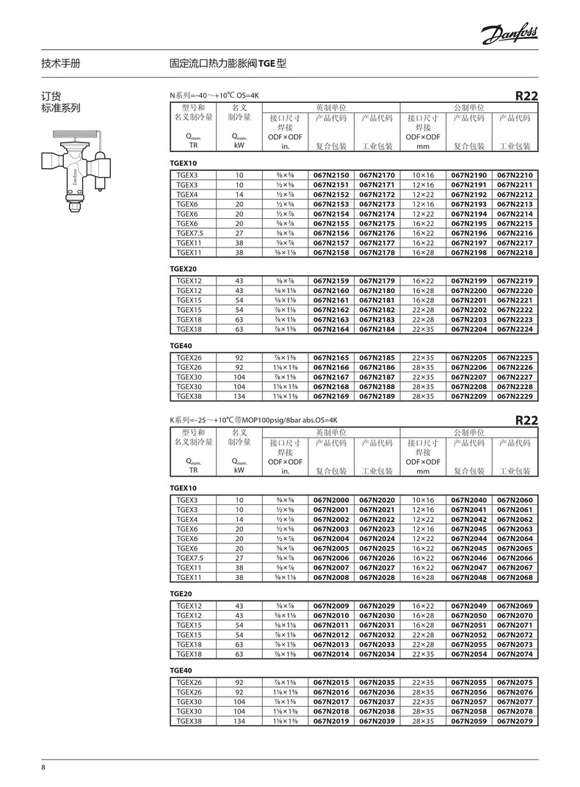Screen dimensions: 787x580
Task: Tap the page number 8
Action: [43, 768]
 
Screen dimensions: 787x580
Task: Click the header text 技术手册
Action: [61, 64]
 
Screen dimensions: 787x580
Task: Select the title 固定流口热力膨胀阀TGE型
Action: [227, 64]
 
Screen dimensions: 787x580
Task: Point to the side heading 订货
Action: [50, 96]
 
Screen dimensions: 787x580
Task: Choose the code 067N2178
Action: [377, 253]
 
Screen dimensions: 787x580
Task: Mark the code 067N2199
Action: [469, 281]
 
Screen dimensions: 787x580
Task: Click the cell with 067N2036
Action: [377, 692]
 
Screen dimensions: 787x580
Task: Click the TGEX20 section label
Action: [184, 269]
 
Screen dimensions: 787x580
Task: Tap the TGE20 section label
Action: [181, 593]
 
